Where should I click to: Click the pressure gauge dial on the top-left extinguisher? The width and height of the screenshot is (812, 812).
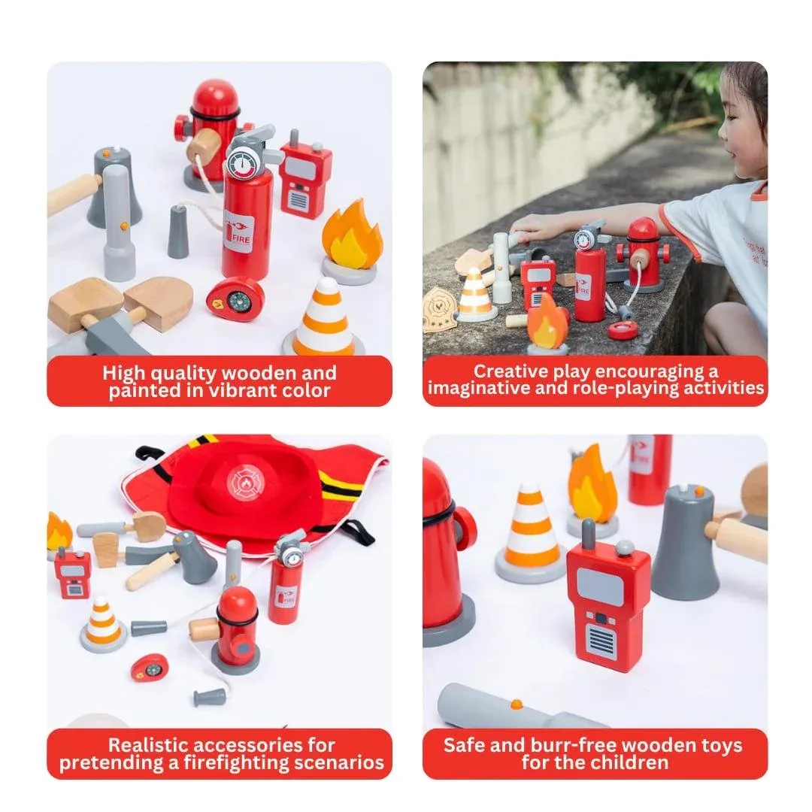click(x=243, y=164)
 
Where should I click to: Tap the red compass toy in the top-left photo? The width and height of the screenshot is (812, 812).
click(x=235, y=298)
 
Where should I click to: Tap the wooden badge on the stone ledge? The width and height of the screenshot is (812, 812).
click(x=438, y=311)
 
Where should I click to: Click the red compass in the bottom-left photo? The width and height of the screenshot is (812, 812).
click(x=150, y=668)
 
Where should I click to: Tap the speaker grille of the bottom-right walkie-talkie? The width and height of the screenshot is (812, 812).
click(x=600, y=640)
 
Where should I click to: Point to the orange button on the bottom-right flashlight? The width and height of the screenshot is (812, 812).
click(x=517, y=704)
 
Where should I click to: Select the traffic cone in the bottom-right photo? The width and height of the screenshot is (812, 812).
click(x=530, y=532)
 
